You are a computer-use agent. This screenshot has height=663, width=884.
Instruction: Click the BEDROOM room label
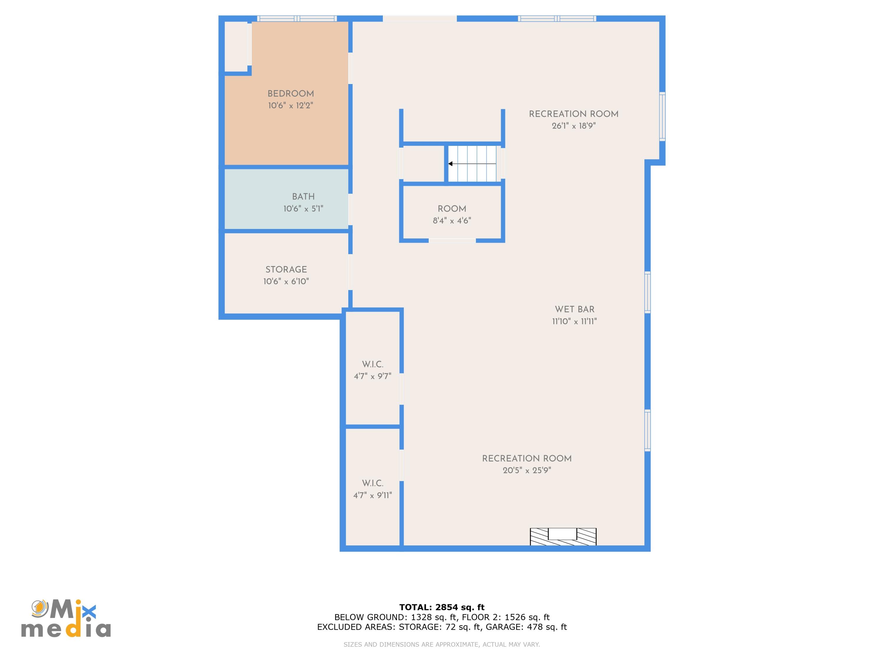click(x=291, y=94)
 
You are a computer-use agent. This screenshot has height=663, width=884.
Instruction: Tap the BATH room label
click(x=303, y=197)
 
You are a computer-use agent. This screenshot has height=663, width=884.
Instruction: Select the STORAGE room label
click(x=286, y=270)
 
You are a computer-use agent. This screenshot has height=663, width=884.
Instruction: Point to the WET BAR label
click(x=575, y=309)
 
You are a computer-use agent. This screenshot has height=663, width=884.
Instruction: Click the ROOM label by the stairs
click(x=452, y=209)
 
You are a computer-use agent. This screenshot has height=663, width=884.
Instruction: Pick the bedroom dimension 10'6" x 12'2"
click(x=291, y=105)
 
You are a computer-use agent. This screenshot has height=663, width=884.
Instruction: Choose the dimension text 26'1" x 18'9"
click(x=574, y=126)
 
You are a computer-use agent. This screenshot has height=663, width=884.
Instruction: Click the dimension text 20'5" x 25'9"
click(x=527, y=470)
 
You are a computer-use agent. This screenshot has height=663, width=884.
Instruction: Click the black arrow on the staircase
click(x=472, y=164)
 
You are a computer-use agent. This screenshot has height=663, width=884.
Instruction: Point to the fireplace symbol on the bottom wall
click(x=563, y=537)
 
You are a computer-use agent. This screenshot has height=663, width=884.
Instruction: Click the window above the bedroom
click(x=296, y=18)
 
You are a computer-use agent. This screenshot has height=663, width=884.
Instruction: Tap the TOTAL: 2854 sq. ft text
click(x=442, y=607)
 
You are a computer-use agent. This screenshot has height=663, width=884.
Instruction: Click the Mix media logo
click(x=66, y=618)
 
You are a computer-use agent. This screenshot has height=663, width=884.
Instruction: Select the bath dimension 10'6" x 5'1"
click(x=303, y=209)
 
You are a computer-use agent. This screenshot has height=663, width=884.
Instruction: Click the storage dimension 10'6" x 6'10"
click(x=286, y=281)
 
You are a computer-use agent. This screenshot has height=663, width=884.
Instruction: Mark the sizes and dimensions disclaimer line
click(x=442, y=644)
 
